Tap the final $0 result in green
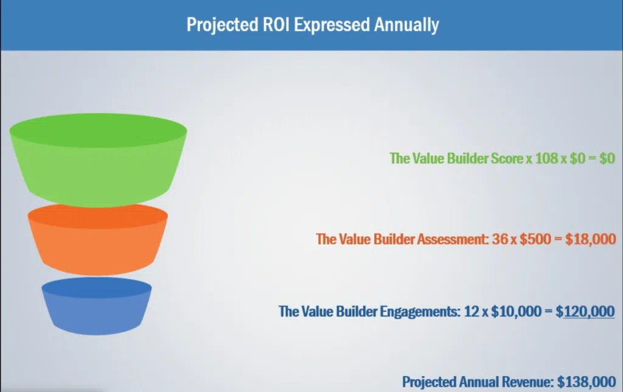pyautogui.click(x=606, y=158)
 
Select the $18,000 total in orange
pyautogui.click(x=591, y=239)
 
